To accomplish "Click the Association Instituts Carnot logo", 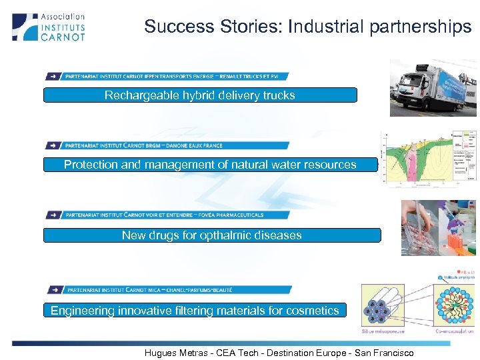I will (x=49, y=27).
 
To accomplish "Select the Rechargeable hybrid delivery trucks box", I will (x=200, y=95).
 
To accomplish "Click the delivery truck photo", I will (x=433, y=88).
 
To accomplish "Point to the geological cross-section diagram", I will (x=429, y=159).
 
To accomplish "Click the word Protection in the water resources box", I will (x=91, y=165).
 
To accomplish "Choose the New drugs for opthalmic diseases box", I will (x=212, y=235).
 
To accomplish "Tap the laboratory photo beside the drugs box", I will (x=438, y=228).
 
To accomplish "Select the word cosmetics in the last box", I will (x=312, y=310).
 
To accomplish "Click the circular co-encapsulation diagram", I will (x=454, y=306).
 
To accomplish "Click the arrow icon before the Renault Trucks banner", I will (x=54, y=76).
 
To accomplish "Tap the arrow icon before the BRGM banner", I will (x=54, y=145).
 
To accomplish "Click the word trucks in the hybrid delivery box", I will (x=279, y=95).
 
